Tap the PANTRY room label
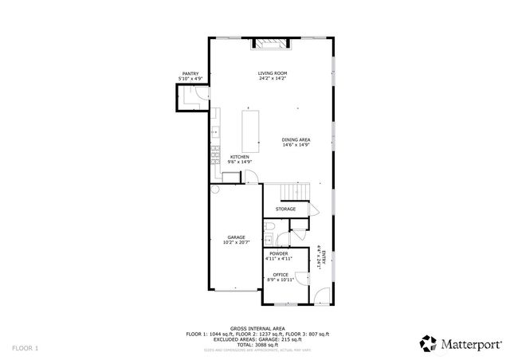tap(190, 74)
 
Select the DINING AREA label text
tap(296, 140)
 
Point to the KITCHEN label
tap(240, 156)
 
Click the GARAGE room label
tap(236, 237)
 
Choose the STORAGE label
tap(285, 209)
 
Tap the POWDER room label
tap(278, 253)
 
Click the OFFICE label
tap(280, 275)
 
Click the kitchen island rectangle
tap(252, 128)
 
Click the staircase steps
tap(293, 191)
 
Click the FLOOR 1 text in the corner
tap(25, 348)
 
